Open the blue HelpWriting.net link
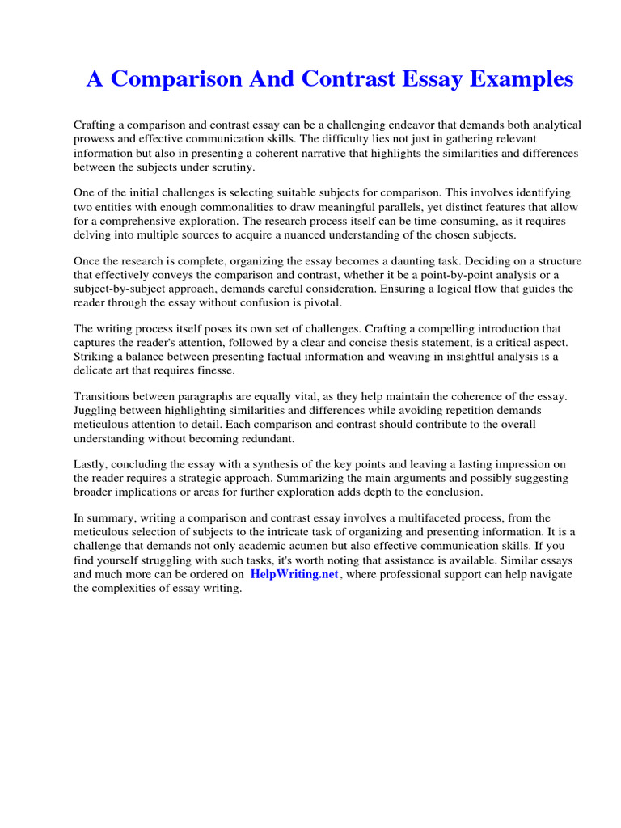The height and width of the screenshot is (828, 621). (294, 574)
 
